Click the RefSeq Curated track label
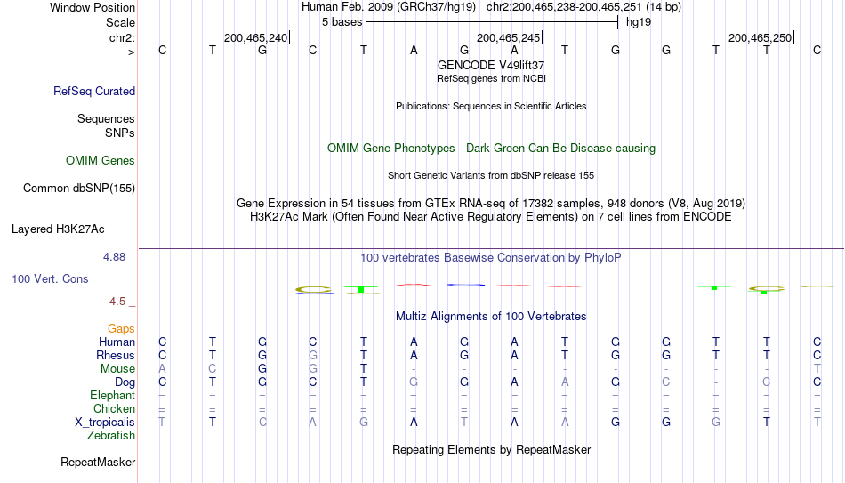pyautogui.click(x=94, y=91)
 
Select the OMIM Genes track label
pyautogui.click(x=101, y=161)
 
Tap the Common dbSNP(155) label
pyautogui.click(x=79, y=189)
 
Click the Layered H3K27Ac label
pyautogui.click(x=58, y=229)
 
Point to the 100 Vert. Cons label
pyautogui.click(x=50, y=278)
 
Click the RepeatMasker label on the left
pyautogui.click(x=98, y=462)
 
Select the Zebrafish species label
pyautogui.click(x=111, y=435)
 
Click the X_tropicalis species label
pyautogui.click(x=105, y=423)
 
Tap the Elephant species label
pyautogui.click(x=112, y=395)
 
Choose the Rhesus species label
pyautogui.click(x=116, y=355)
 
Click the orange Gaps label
pyautogui.click(x=121, y=329)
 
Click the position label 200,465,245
pyautogui.click(x=508, y=37)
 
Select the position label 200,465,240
pyautogui.click(x=255, y=37)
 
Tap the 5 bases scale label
pyautogui.click(x=342, y=22)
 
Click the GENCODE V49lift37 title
pyautogui.click(x=491, y=65)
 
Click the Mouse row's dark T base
pyautogui.click(x=364, y=369)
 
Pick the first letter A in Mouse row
pyautogui.click(x=162, y=369)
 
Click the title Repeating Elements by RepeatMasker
pyautogui.click(x=492, y=449)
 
